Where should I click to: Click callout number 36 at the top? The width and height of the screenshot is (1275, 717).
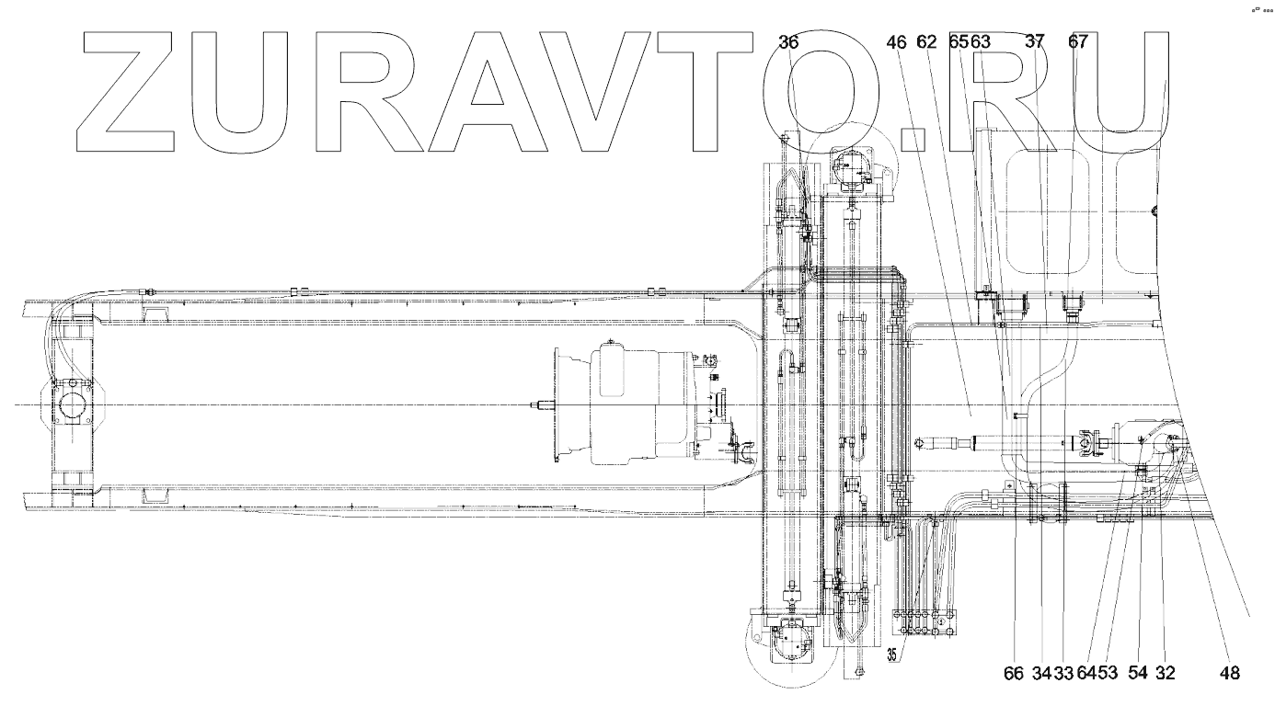pyautogui.click(x=788, y=42)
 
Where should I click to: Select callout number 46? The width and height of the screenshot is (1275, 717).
pyautogui.click(x=899, y=42)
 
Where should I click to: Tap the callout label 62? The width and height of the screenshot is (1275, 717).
pyautogui.click(x=926, y=42)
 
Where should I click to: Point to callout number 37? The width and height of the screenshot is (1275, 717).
pyautogui.click(x=1035, y=42)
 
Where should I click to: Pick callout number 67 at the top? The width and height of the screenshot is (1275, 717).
pyautogui.click(x=1078, y=42)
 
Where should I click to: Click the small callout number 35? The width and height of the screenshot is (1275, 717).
pyautogui.click(x=892, y=655)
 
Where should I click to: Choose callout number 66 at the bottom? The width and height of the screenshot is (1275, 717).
pyautogui.click(x=1013, y=673)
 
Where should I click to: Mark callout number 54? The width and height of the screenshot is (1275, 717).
pyautogui.click(x=1138, y=673)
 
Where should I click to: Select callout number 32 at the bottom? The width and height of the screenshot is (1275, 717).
pyautogui.click(x=1165, y=673)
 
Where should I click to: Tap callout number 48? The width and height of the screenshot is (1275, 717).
pyautogui.click(x=1230, y=673)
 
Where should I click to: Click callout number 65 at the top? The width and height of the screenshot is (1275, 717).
pyautogui.click(x=958, y=42)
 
